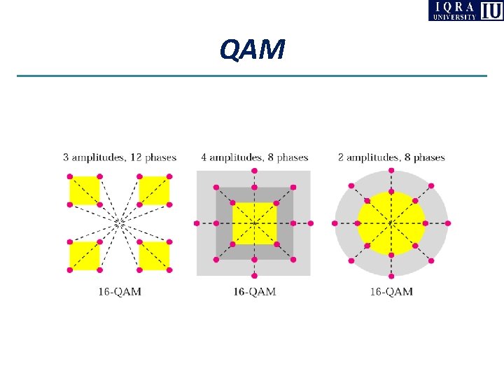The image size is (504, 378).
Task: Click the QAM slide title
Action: coord(252,49)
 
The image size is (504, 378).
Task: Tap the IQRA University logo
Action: coord(465,10)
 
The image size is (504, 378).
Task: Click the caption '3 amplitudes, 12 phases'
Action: coord(120,157)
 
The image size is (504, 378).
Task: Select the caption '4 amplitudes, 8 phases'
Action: coord(254,157)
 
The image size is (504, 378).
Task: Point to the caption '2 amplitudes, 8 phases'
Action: coord(391,157)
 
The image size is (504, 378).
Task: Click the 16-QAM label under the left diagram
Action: coord(120,291)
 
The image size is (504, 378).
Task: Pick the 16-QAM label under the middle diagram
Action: coord(254,291)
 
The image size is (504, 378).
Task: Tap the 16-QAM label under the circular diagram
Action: coord(391,291)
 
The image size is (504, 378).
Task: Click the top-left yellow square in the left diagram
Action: coord(85,190)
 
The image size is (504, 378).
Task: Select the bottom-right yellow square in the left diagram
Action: coord(154,255)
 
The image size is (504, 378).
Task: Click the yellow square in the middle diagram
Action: coord(254,223)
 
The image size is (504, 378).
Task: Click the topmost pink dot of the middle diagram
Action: coord(254,170)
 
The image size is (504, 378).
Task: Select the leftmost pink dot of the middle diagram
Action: coord(197,223)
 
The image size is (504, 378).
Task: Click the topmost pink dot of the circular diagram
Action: coord(391,170)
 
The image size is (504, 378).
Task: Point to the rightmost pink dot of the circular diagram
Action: coord(448,223)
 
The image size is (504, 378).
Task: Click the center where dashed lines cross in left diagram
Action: coord(120,223)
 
